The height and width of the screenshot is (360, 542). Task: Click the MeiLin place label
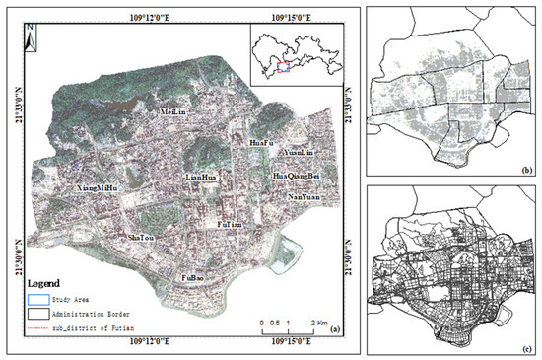[174, 113]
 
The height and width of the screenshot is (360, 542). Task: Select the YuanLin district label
[297, 154]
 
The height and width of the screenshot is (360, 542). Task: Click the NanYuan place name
[302, 197]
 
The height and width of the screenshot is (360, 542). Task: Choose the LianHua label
[201, 178]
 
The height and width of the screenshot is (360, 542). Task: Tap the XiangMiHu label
[97, 186]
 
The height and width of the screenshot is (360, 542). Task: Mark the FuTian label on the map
[230, 225]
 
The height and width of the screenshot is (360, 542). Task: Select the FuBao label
[191, 279]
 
